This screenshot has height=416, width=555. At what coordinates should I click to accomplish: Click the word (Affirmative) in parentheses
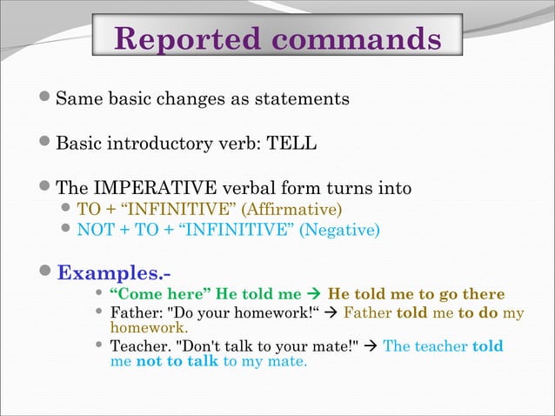coord(291,210)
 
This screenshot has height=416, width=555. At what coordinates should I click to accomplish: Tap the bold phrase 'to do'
coord(478,312)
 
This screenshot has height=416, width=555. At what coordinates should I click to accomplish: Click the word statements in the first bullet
coord(306,98)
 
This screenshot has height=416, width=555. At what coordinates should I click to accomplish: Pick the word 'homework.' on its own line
coord(149,328)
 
